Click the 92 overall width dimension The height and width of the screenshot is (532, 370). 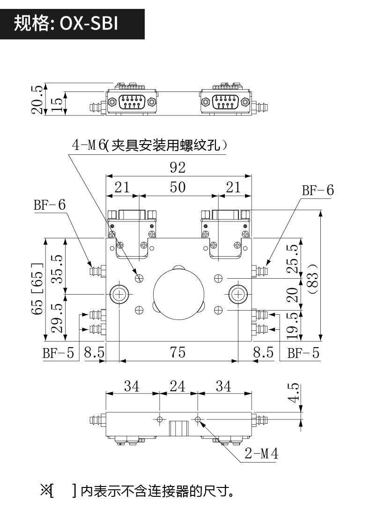(x=178, y=167)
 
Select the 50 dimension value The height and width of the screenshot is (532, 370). (x=178, y=187)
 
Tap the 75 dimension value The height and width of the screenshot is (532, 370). (x=178, y=352)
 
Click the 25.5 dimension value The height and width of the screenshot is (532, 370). (x=292, y=258)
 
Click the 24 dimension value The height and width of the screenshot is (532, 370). (x=178, y=386)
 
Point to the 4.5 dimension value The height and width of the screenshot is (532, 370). (x=294, y=393)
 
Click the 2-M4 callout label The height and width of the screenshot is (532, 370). (x=261, y=453)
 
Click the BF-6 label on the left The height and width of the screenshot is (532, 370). (x=49, y=205)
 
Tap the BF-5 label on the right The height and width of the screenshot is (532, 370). (x=303, y=353)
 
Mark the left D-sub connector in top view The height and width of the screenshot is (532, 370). (x=133, y=102)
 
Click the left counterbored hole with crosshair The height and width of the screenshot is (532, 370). (x=120, y=294)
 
